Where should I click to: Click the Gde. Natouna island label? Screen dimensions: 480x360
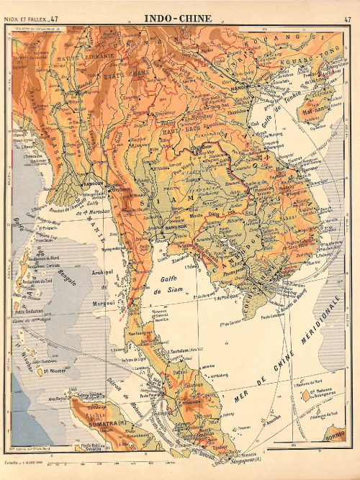(320, 394)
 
